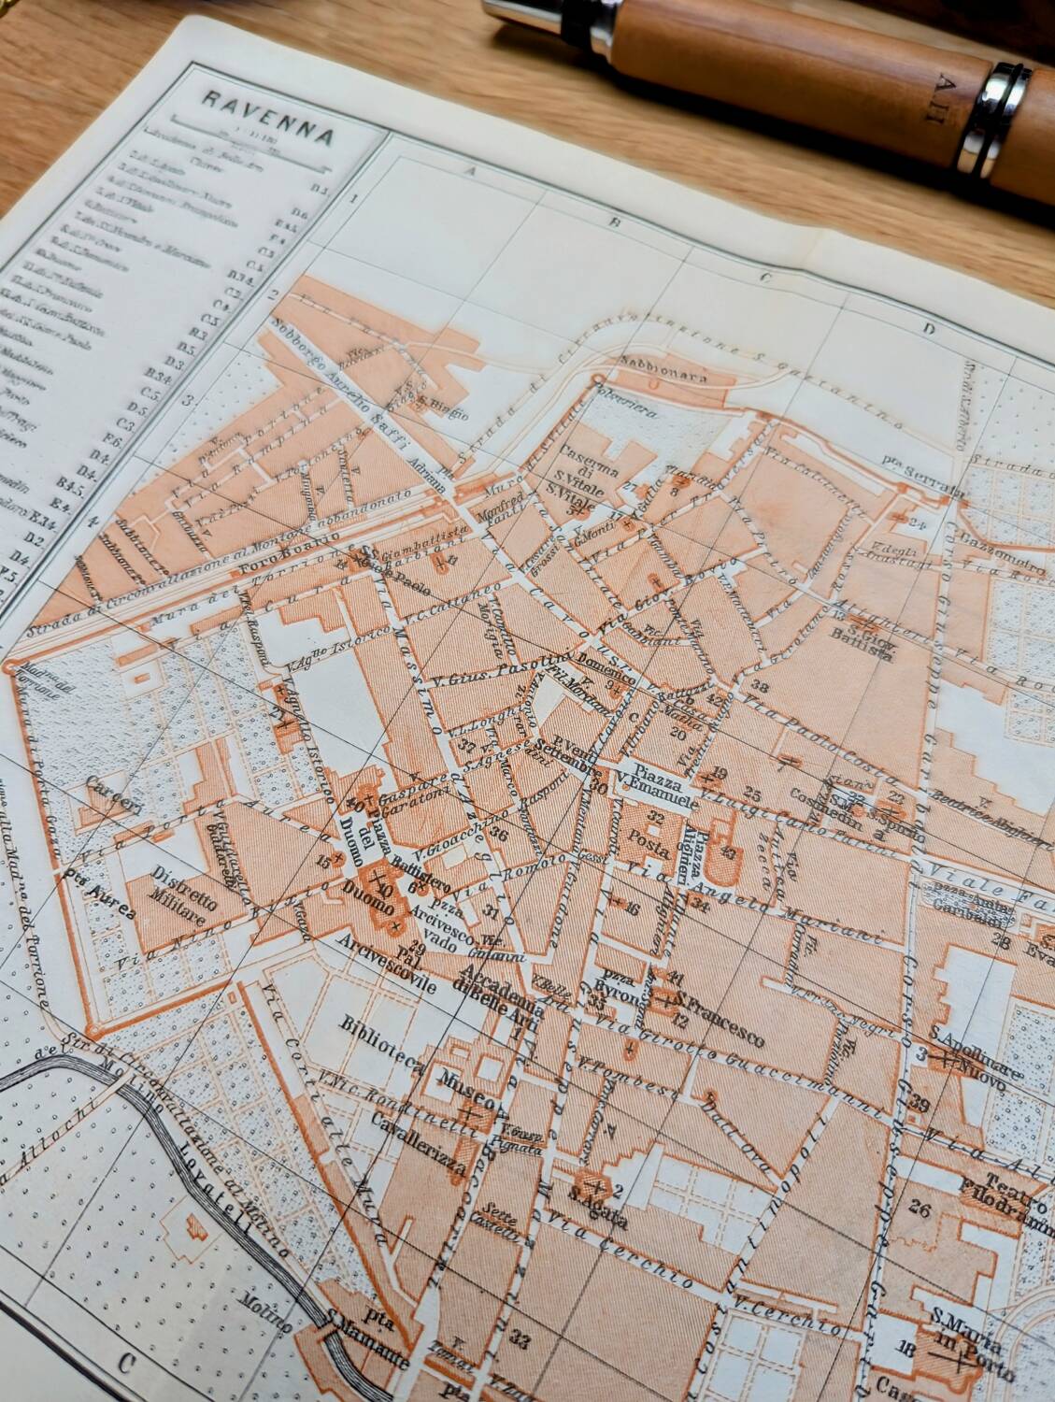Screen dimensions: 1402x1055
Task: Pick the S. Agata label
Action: [x=588, y=1220]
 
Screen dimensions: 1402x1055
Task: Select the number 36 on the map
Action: [x=497, y=836]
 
